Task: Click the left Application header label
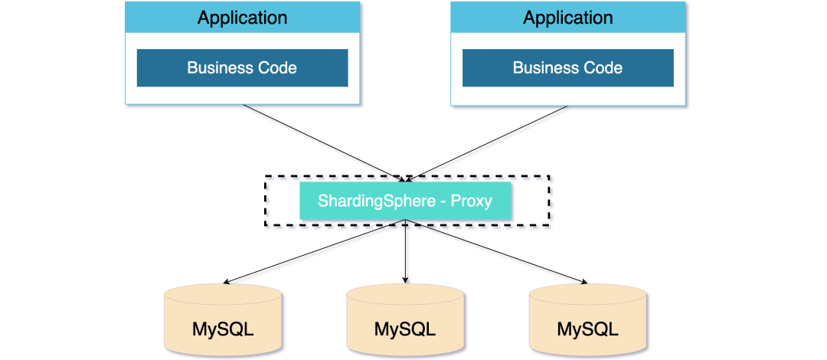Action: pos(242,18)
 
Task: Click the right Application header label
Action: pos(568,18)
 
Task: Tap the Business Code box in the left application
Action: pos(242,67)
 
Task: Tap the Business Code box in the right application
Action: pos(568,67)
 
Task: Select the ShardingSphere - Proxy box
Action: pos(405,201)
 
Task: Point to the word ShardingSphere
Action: pos(374,201)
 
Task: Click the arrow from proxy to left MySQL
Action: pos(314,251)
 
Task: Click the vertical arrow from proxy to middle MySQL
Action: pos(405,251)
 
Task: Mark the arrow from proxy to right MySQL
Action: pos(496,251)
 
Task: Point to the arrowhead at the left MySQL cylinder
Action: pos(227,281)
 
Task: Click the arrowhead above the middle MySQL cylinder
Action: pos(405,280)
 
